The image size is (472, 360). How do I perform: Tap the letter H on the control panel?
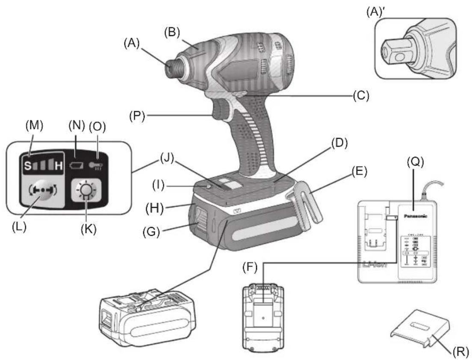pyautogui.click(x=59, y=165)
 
